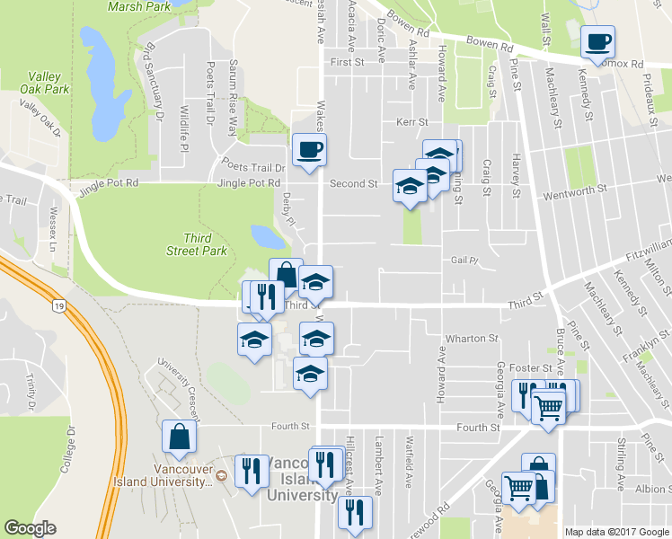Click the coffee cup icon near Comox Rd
click(x=597, y=41)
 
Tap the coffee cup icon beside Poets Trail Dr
click(x=309, y=148)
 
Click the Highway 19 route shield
click(x=57, y=306)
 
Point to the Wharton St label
click(x=477, y=339)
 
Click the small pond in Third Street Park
click(x=268, y=236)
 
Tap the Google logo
click(x=30, y=528)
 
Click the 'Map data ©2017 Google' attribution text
click(x=616, y=532)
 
